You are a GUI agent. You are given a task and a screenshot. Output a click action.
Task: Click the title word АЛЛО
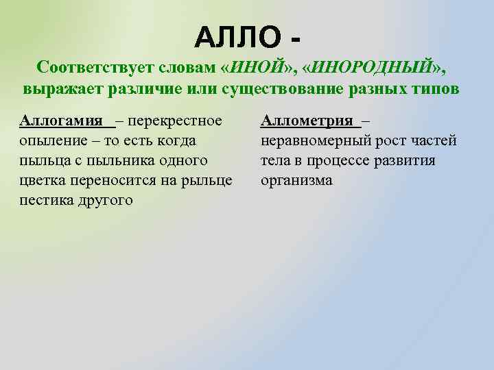237,35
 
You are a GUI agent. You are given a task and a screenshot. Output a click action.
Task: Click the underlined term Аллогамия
64,121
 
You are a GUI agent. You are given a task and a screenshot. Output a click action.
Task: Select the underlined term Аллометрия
309,121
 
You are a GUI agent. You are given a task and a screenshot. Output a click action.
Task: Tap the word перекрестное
174,121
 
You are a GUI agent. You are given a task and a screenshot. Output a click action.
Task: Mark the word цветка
42,181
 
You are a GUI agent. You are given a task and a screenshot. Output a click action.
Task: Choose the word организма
296,181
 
